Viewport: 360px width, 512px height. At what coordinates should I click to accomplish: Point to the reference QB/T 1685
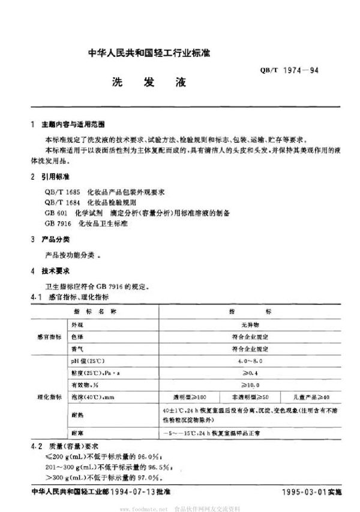pyautogui.click(x=60, y=191)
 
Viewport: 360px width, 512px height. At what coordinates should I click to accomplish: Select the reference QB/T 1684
pyautogui.click(x=60, y=202)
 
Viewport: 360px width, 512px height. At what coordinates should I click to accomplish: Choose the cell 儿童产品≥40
pyautogui.click(x=310, y=396)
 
